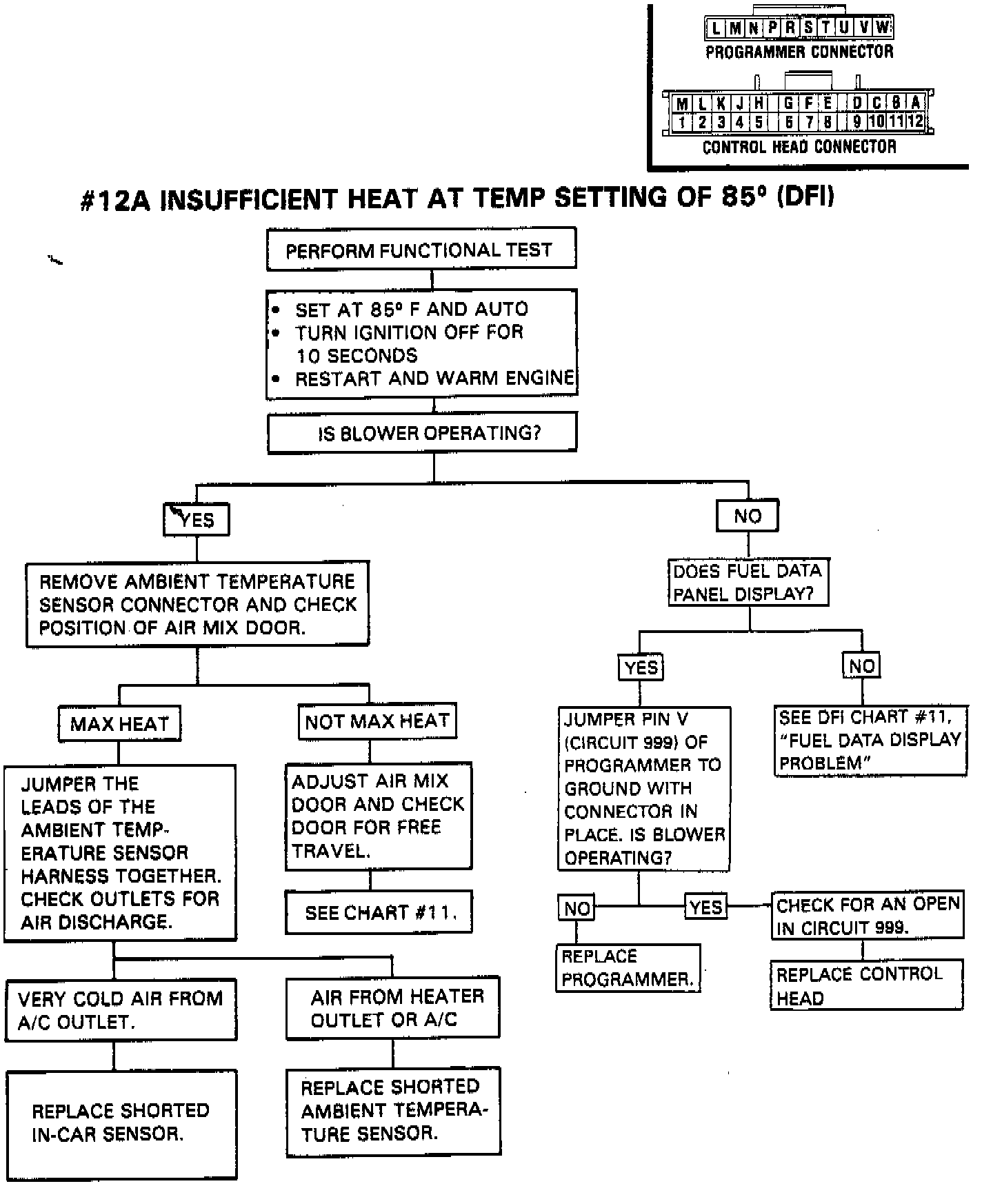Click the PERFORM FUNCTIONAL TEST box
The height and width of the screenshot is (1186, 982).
click(x=421, y=250)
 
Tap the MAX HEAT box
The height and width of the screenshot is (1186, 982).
click(x=119, y=724)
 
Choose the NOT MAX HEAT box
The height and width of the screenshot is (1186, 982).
click(x=377, y=722)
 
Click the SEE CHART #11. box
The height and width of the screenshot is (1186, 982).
click(x=379, y=913)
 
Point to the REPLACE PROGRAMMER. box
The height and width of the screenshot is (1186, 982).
click(x=628, y=968)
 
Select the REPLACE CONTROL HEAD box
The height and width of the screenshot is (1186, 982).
click(x=866, y=986)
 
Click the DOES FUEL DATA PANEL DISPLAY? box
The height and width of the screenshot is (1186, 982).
click(x=748, y=583)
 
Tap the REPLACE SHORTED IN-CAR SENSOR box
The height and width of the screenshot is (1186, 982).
click(x=121, y=1123)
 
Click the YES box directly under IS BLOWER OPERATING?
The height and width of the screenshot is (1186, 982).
click(x=197, y=519)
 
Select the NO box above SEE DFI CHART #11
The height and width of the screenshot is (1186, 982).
click(x=862, y=666)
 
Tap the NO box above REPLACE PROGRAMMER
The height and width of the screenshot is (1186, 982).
click(x=577, y=909)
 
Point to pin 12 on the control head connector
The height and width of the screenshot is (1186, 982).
click(x=915, y=122)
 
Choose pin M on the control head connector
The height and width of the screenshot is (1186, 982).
click(x=682, y=104)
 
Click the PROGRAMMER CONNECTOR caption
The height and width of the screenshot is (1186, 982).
click(x=799, y=52)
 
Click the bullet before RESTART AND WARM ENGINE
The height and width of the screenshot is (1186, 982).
click(x=277, y=379)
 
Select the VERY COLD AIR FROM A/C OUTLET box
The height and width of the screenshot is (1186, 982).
click(x=121, y=1009)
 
